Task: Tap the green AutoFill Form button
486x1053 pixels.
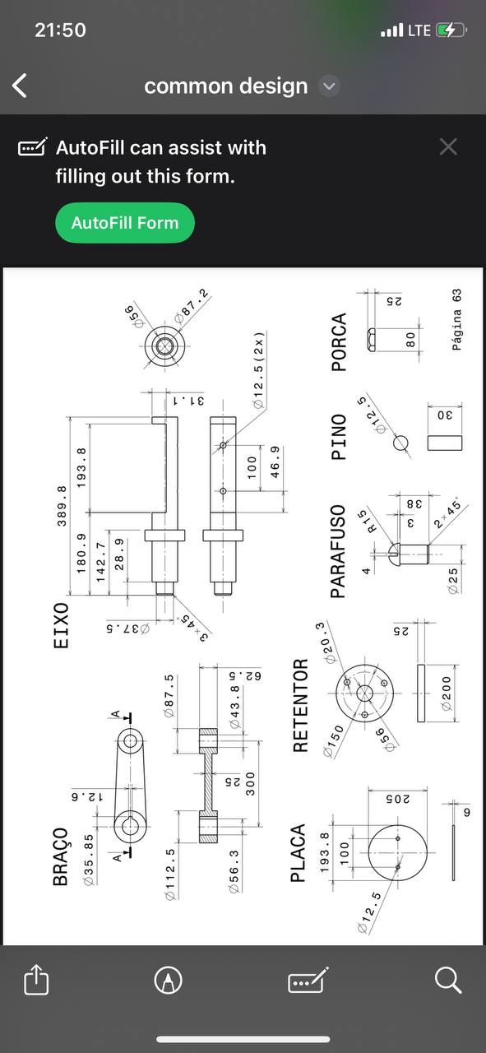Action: click(125, 223)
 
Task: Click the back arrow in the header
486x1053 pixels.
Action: click(20, 86)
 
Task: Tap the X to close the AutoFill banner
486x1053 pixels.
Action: click(448, 146)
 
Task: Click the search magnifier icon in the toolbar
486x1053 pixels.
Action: click(448, 981)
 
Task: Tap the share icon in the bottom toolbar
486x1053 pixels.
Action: click(36, 979)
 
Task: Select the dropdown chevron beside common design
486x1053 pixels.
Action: click(330, 86)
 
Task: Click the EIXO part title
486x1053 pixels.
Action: click(61, 626)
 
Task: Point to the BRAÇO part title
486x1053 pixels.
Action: click(61, 856)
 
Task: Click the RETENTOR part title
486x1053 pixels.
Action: click(300, 705)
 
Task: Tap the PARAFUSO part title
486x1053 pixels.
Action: click(338, 551)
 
